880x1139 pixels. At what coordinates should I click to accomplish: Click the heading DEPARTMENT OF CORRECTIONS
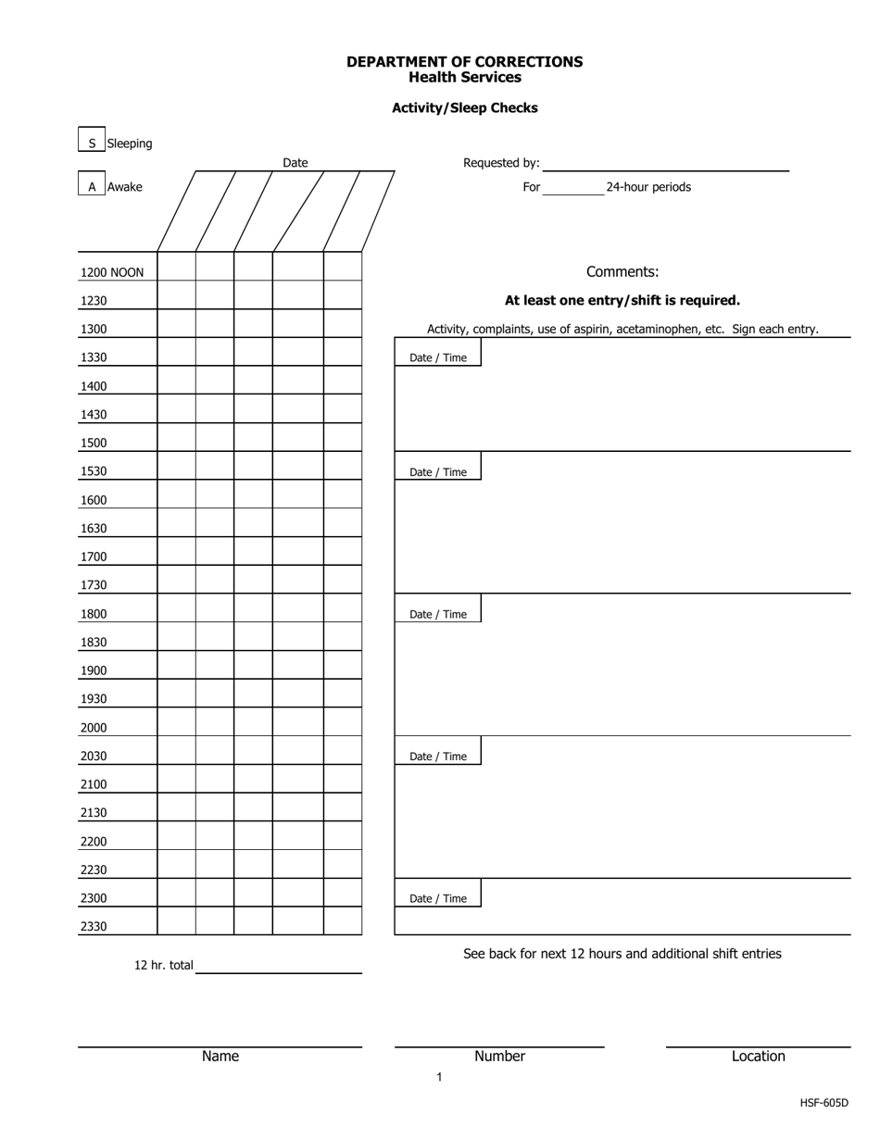click(x=464, y=62)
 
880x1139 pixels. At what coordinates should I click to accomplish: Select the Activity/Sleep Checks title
click(x=464, y=107)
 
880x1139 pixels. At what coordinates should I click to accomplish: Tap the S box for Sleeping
click(x=92, y=143)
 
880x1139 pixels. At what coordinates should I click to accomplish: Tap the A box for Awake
click(x=92, y=186)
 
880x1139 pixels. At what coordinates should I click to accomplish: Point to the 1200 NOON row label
click(x=112, y=272)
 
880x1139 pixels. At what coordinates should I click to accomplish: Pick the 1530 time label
click(x=94, y=471)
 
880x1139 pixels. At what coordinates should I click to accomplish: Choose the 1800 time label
click(x=94, y=614)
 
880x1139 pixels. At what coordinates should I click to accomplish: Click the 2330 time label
click(x=94, y=926)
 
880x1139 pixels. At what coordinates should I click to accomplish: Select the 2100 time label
click(x=94, y=784)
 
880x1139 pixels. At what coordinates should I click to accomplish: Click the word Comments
click(x=622, y=271)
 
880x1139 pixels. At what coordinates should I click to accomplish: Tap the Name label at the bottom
click(x=220, y=1057)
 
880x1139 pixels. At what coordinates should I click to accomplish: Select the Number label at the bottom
click(x=499, y=1057)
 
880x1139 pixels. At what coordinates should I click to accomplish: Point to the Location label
click(x=758, y=1057)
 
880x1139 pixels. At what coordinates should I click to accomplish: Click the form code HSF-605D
click(x=823, y=1103)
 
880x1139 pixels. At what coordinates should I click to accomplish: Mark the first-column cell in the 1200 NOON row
click(x=177, y=267)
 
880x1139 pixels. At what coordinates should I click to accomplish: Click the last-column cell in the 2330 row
click(x=343, y=921)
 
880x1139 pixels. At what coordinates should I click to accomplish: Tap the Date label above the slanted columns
click(x=295, y=163)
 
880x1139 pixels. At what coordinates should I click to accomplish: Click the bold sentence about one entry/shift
click(x=622, y=300)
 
